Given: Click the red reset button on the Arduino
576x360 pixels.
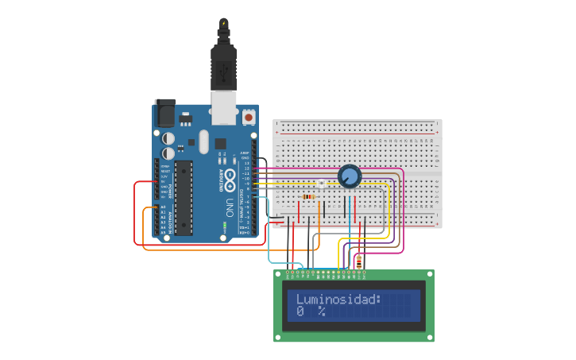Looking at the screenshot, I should (x=249, y=117).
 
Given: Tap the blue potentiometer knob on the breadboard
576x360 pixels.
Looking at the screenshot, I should (x=349, y=176).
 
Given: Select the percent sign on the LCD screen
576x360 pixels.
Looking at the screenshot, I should (x=322, y=312).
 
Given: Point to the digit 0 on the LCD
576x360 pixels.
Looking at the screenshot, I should (x=300, y=312).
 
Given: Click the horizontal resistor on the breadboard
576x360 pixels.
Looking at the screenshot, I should (x=309, y=196).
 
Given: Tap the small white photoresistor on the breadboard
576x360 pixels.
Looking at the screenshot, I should (x=321, y=184).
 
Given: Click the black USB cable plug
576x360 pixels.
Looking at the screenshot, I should (x=223, y=68).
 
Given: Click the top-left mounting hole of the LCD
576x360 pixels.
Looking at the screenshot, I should (x=278, y=274).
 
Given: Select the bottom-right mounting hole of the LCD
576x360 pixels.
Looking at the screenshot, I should (x=430, y=338).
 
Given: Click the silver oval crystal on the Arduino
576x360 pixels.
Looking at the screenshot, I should (x=203, y=141).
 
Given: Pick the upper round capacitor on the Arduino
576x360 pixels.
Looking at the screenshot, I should (x=168, y=138).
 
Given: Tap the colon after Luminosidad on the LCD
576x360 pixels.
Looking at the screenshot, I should (x=379, y=300).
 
